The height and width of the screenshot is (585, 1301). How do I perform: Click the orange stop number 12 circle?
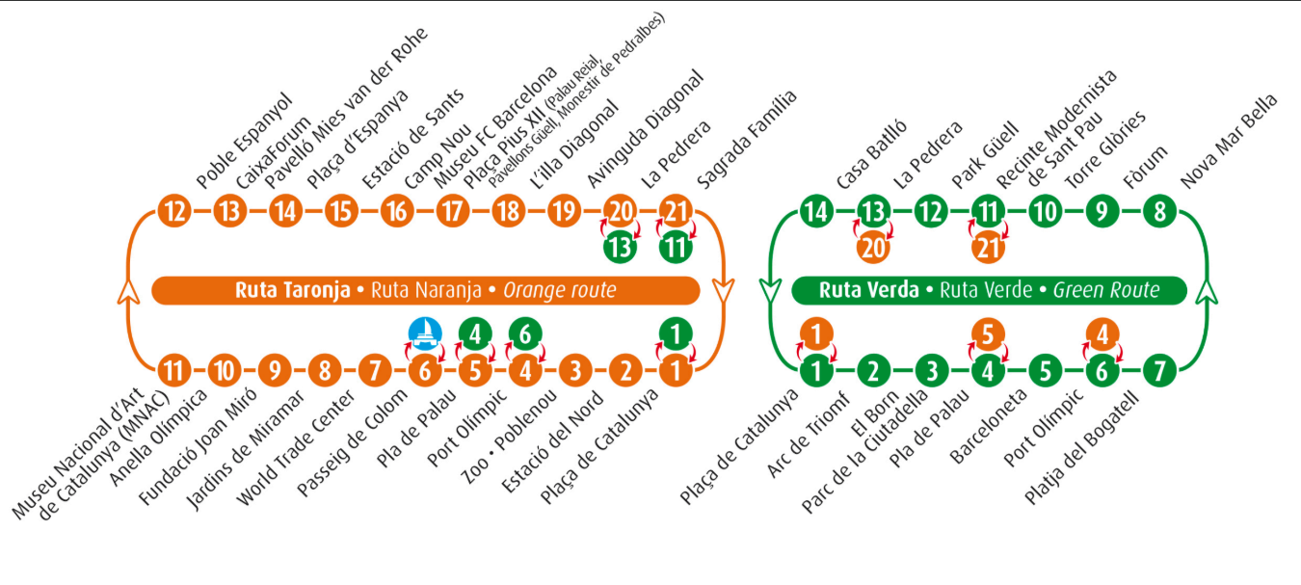click(x=174, y=211)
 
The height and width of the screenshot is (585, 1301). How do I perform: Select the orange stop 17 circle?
click(x=452, y=211)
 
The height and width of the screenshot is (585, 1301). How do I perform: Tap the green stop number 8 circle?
click(x=1159, y=211)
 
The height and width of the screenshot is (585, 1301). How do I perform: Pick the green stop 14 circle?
click(x=816, y=211)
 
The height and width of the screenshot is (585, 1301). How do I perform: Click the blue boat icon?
click(x=425, y=334)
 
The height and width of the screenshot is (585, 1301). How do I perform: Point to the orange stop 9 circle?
click(x=275, y=370)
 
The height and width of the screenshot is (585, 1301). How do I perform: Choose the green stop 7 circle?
click(x=1159, y=370)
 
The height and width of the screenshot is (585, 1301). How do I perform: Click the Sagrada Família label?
click(x=746, y=140)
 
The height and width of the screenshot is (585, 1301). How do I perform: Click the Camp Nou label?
click(x=438, y=157)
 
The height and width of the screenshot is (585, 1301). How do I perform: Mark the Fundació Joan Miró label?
click(x=198, y=446)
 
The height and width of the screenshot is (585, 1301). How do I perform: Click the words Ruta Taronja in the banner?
click(x=292, y=290)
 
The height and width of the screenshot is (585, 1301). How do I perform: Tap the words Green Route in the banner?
click(x=1106, y=290)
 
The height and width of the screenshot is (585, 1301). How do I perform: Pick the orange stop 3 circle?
click(x=575, y=370)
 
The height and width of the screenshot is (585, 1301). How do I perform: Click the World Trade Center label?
click(x=296, y=448)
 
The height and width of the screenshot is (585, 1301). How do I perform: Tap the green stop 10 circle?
click(x=1046, y=211)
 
